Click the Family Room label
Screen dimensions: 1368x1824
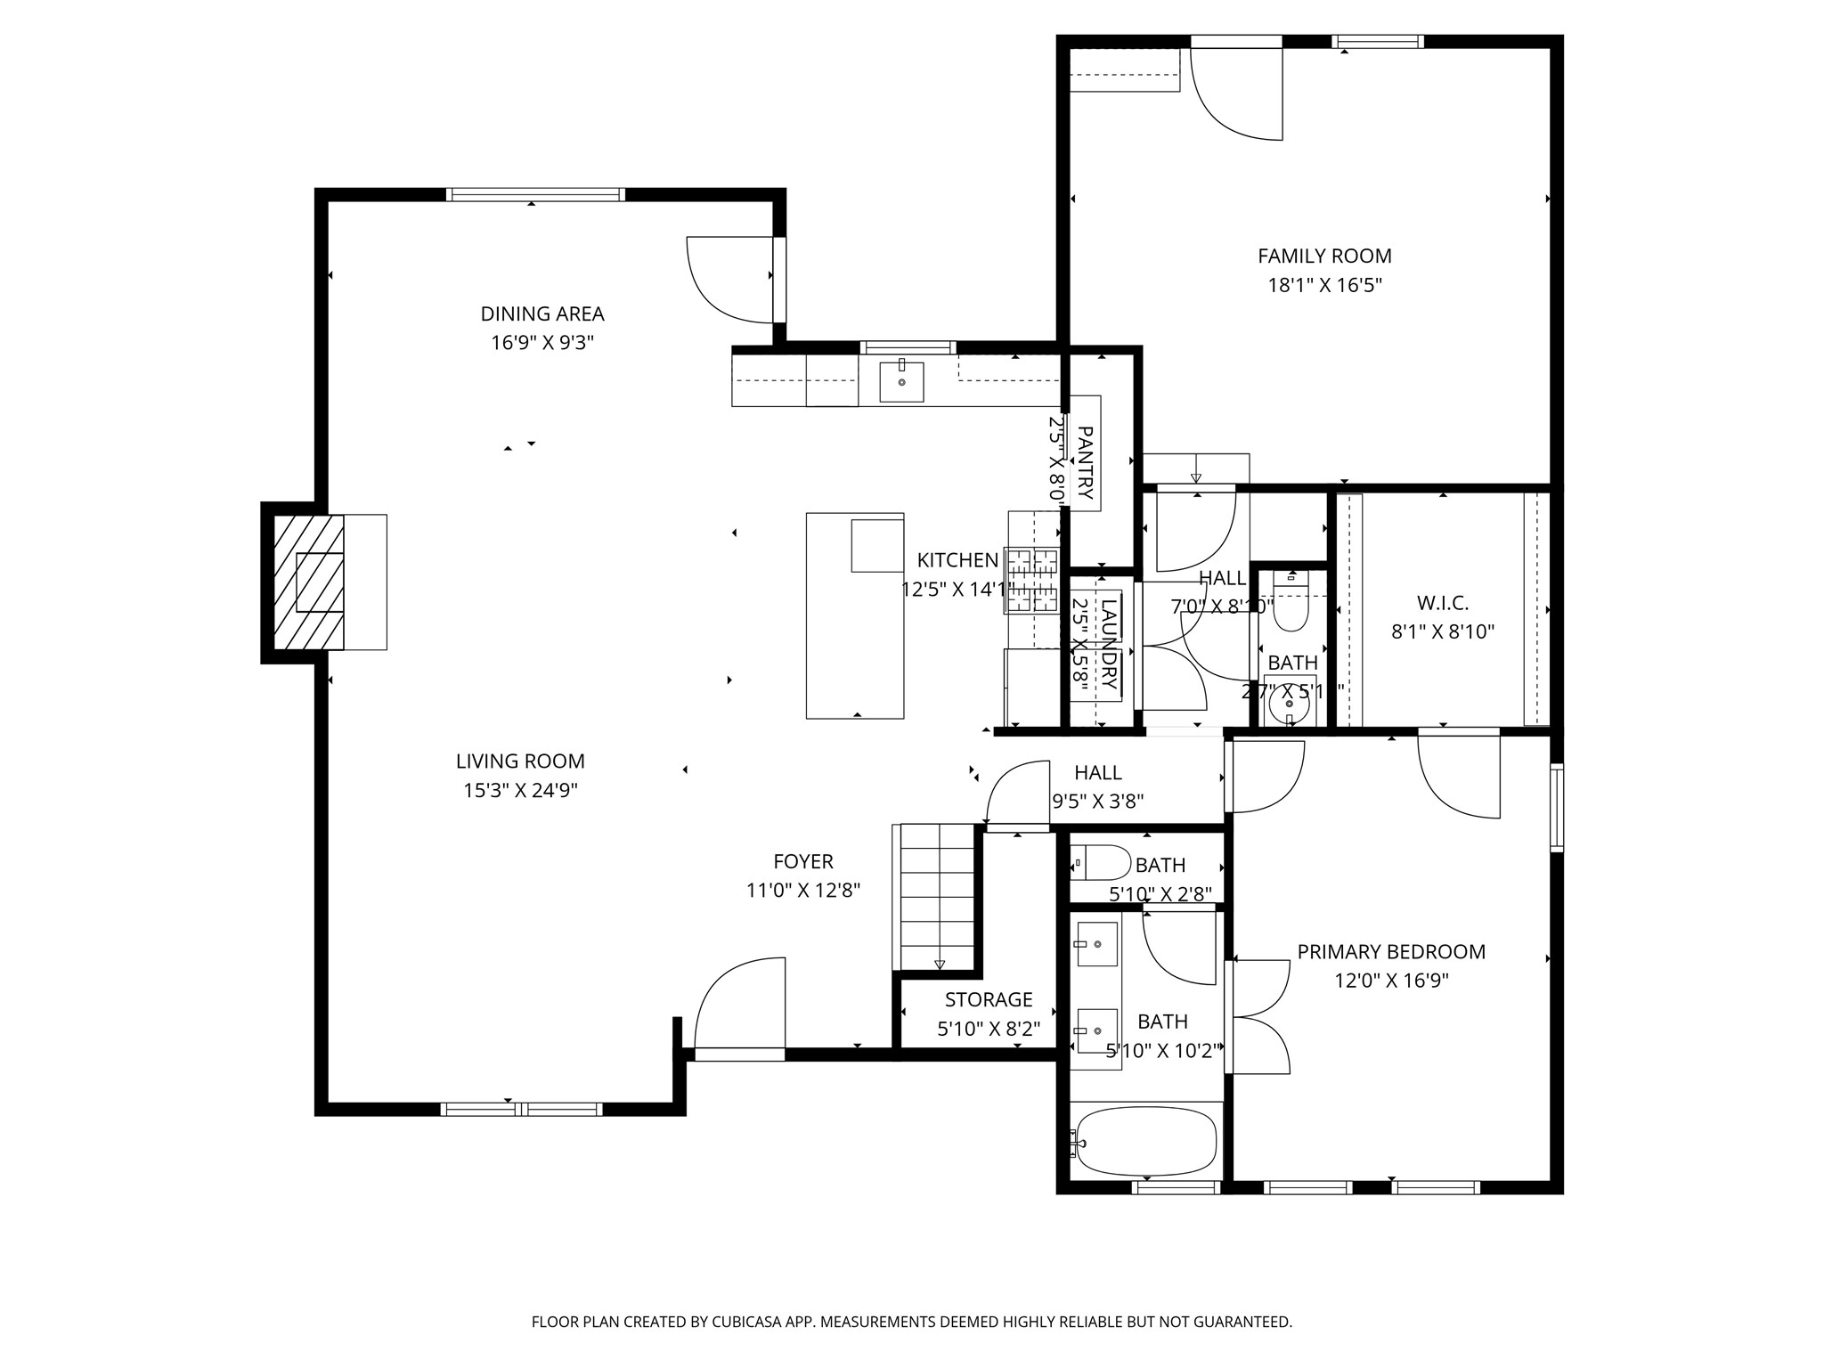pos(1324,256)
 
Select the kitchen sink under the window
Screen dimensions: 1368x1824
pos(901,382)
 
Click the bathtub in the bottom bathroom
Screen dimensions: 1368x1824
pos(1145,1141)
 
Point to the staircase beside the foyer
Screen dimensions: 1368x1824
pos(938,896)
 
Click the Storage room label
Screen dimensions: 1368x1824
pos(989,999)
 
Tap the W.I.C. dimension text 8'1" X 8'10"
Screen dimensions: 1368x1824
pos(1442,632)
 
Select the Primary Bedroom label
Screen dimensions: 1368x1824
pos(1391,952)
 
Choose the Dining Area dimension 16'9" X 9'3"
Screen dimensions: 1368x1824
pos(541,343)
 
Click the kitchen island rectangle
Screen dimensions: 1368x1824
pos(855,615)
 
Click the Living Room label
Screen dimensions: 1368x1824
pos(520,761)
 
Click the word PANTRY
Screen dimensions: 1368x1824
pos(1085,463)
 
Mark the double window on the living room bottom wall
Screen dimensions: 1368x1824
pos(521,1109)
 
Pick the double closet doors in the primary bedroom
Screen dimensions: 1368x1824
pos(1258,1016)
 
